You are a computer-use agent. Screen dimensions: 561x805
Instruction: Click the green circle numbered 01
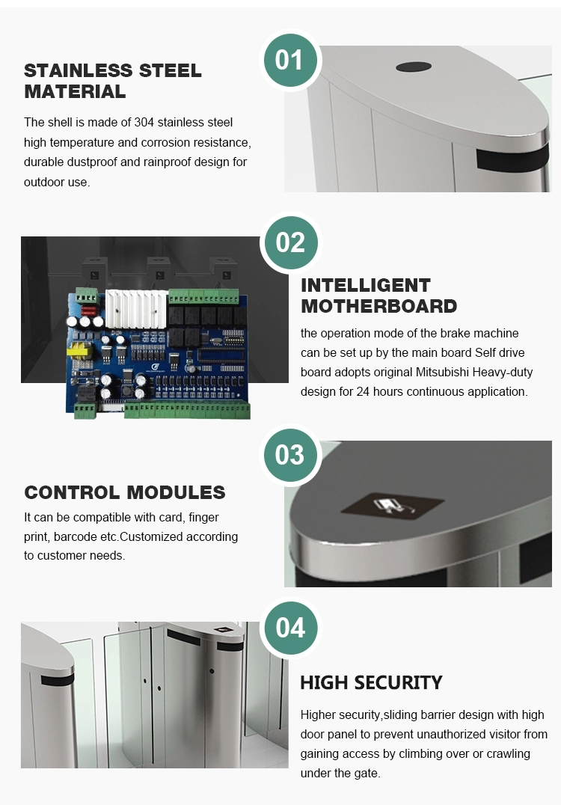pyautogui.click(x=290, y=61)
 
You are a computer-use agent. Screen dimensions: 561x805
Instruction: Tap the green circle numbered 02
pyautogui.click(x=290, y=242)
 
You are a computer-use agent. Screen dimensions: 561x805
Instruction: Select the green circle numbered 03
pyautogui.click(x=290, y=455)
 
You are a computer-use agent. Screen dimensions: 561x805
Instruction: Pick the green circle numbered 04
pyautogui.click(x=290, y=628)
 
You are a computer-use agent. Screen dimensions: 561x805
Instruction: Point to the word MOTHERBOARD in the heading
pyautogui.click(x=378, y=306)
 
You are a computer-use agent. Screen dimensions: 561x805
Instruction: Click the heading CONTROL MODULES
pyautogui.click(x=125, y=492)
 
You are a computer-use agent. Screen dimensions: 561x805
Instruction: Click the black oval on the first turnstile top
pyautogui.click(x=413, y=67)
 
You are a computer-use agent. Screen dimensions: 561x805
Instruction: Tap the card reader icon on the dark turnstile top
pyautogui.click(x=393, y=506)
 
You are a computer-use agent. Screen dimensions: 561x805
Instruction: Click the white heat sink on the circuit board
pyautogui.click(x=137, y=309)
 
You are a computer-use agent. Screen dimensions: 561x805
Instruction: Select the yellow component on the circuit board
pyautogui.click(x=79, y=351)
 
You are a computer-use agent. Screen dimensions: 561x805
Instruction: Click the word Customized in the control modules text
pyautogui.click(x=149, y=536)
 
